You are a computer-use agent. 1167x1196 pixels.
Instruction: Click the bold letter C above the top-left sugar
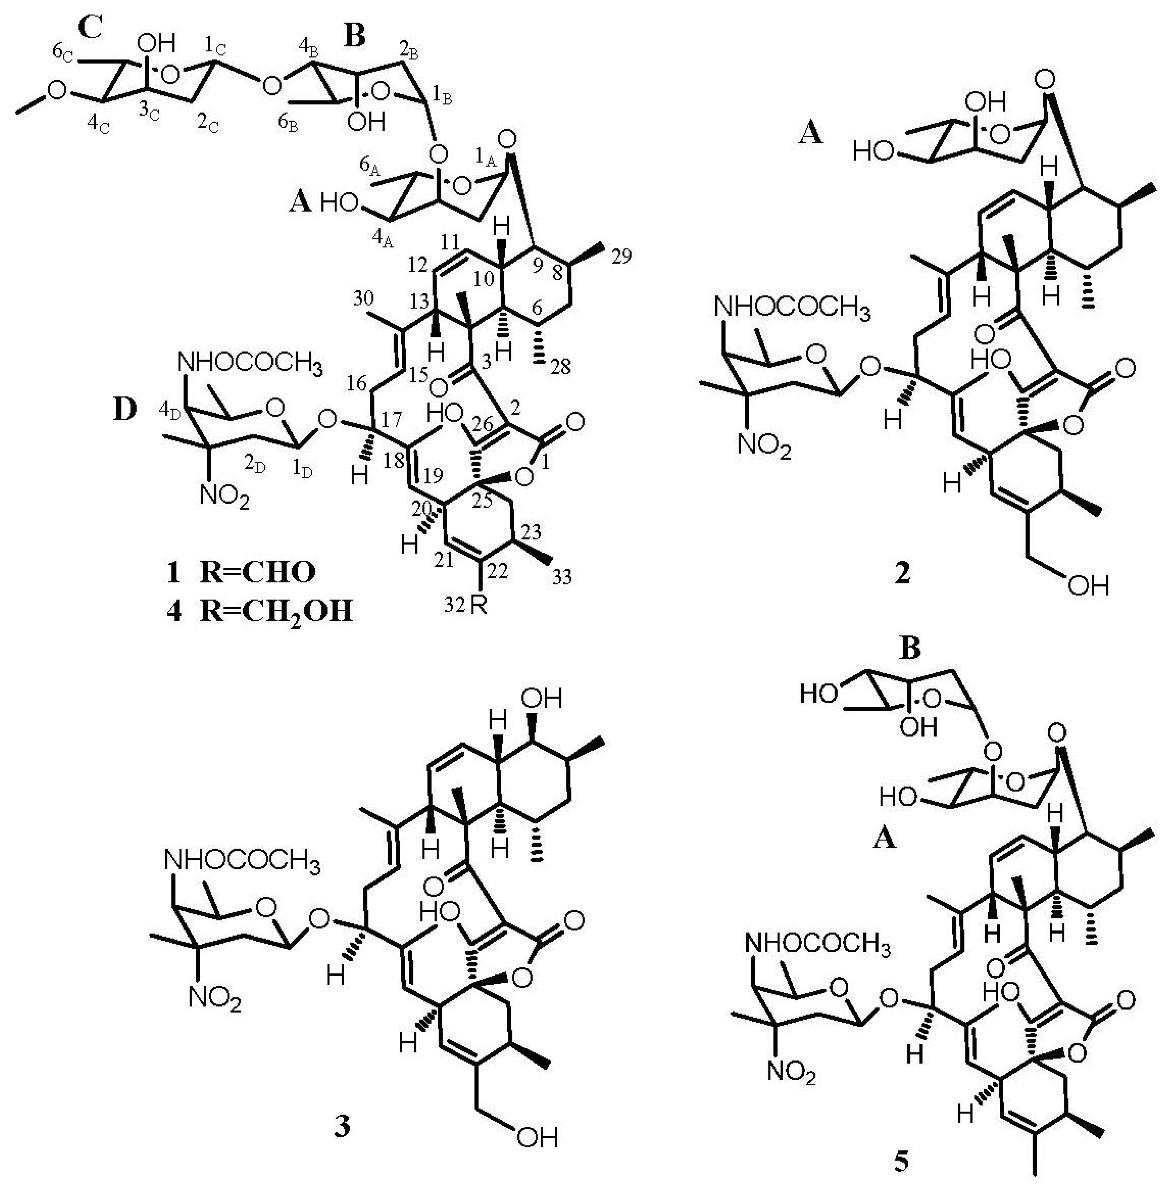(91, 28)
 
